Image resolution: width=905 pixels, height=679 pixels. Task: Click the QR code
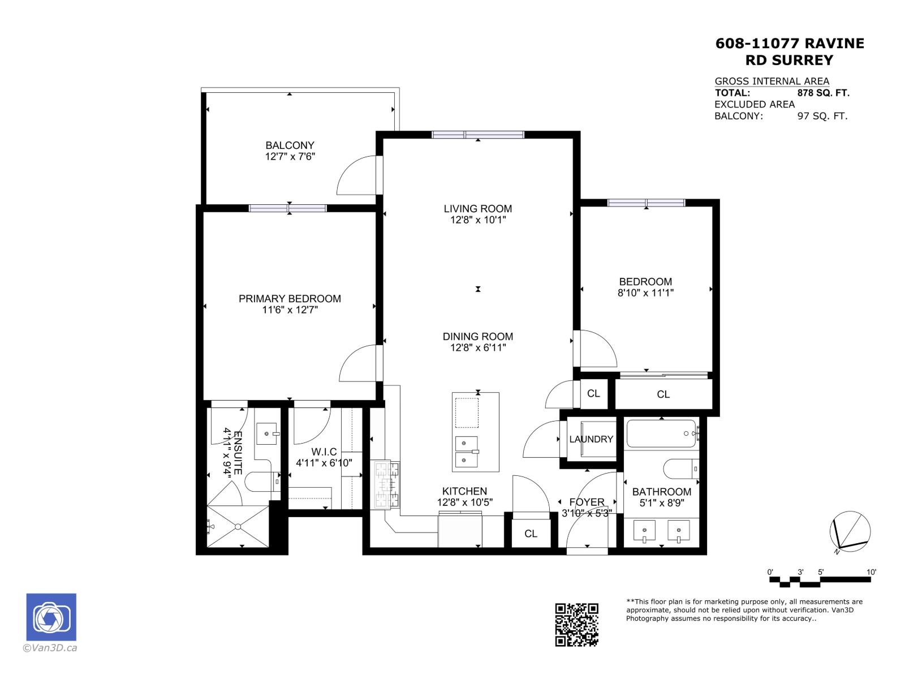point(576,625)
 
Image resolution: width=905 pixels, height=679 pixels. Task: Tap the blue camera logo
point(51,617)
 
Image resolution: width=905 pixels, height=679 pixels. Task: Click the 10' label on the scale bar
point(871,572)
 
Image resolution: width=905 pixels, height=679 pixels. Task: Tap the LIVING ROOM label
point(477,208)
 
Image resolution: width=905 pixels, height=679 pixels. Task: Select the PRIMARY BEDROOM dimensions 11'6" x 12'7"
point(290,310)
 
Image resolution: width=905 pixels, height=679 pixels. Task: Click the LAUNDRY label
point(591,439)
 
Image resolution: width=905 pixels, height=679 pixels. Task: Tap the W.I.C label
point(324,452)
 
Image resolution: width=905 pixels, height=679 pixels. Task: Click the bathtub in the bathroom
point(660,433)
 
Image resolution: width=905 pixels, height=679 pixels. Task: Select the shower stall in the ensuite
point(238,526)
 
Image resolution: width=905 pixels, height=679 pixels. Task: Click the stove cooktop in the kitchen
point(385,484)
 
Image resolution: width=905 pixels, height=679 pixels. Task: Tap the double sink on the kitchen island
point(467,452)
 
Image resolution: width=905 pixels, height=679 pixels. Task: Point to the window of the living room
point(478,135)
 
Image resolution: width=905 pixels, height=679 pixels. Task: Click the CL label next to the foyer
point(531,534)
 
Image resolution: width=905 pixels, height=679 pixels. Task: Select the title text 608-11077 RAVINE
point(790,44)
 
